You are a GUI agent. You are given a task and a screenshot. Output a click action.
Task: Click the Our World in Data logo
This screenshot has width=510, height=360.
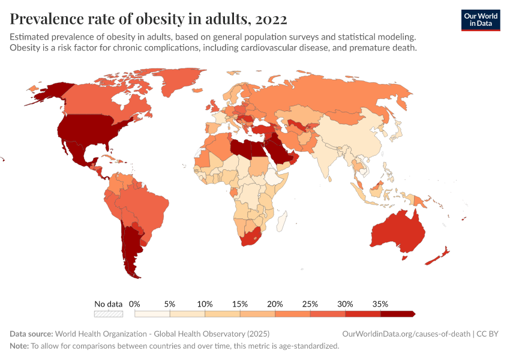pos(480,19)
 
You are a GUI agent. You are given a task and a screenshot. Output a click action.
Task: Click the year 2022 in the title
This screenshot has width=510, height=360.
pos(271,19)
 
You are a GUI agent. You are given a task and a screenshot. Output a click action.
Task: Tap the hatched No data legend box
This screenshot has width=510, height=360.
pos(109,313)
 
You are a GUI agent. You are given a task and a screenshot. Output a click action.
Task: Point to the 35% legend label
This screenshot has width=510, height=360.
pos(380,304)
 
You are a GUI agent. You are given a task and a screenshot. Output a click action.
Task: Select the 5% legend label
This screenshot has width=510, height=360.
pos(170,304)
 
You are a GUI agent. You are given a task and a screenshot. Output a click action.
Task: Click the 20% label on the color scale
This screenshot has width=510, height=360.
pos(275,304)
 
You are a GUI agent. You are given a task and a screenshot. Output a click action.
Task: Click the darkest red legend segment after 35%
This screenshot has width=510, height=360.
pos(398,313)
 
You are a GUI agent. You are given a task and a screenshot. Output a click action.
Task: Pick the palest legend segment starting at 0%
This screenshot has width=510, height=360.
pos(152,313)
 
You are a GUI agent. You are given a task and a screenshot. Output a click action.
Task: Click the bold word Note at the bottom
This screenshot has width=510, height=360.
pos(18,346)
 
